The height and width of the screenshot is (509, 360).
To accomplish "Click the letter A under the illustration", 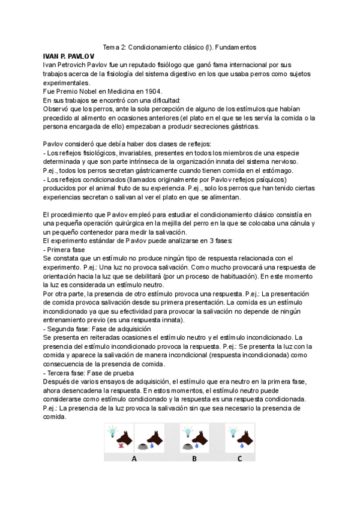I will [x=134, y=459].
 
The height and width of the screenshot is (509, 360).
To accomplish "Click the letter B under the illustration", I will [x=194, y=459].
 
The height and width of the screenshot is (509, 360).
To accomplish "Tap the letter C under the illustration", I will [x=239, y=459].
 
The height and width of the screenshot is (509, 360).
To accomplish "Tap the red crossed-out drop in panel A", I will [x=121, y=445].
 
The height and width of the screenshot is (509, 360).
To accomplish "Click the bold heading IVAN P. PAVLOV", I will [x=70, y=56].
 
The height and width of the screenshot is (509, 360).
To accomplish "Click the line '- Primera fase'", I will [x=64, y=249].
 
